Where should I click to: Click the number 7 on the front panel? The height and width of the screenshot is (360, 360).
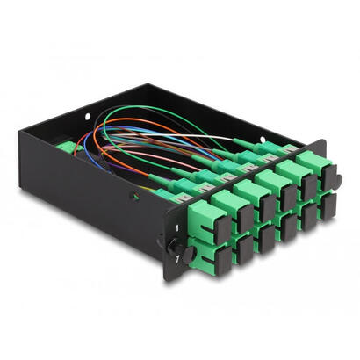click(177, 261)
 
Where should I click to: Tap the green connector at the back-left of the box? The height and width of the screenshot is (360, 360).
click(63, 148)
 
